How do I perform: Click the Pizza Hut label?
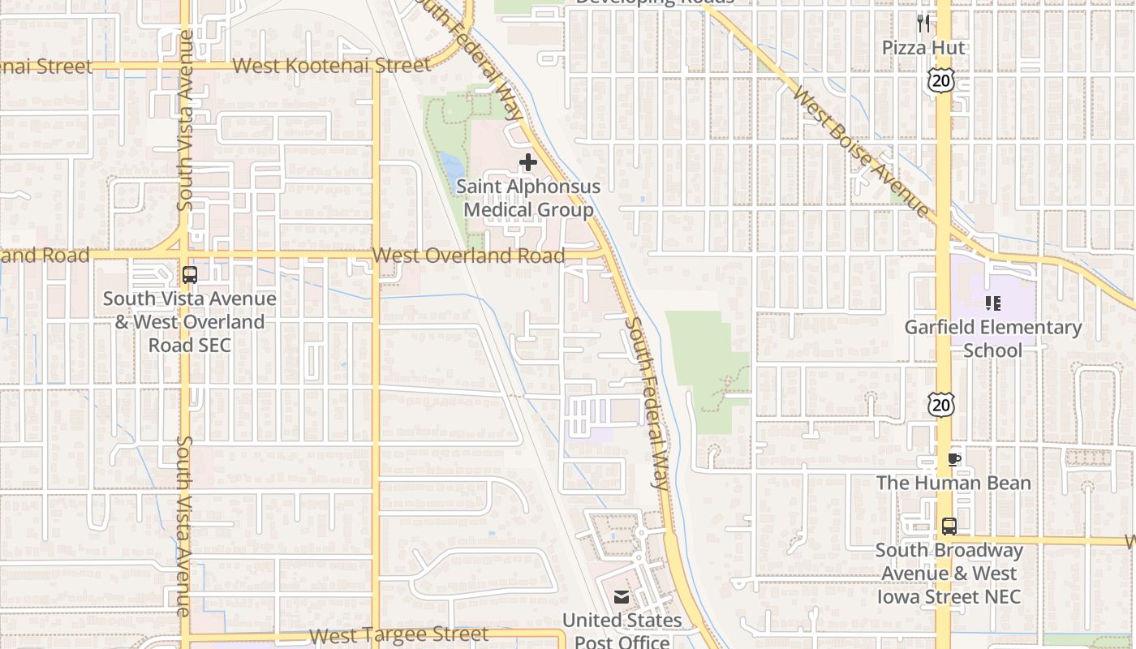point(923,48)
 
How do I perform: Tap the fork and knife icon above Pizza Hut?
point(923,23)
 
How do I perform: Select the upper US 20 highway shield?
point(942,79)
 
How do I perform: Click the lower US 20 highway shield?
point(942,403)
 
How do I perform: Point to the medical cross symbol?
point(528,162)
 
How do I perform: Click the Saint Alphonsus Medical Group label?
point(528,198)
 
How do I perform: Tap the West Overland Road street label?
point(468,256)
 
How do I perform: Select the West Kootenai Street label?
point(331,66)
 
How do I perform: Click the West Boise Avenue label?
point(861,153)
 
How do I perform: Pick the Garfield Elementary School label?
point(993,338)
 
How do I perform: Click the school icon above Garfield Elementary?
point(993,303)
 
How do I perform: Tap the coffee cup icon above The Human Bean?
point(954,459)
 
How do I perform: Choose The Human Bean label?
point(953,483)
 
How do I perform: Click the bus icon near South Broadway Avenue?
point(949,526)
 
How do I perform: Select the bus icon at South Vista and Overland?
point(190,274)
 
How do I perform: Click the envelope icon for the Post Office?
point(622,598)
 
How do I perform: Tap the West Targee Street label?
point(399,634)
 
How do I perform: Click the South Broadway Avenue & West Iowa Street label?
point(949,574)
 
